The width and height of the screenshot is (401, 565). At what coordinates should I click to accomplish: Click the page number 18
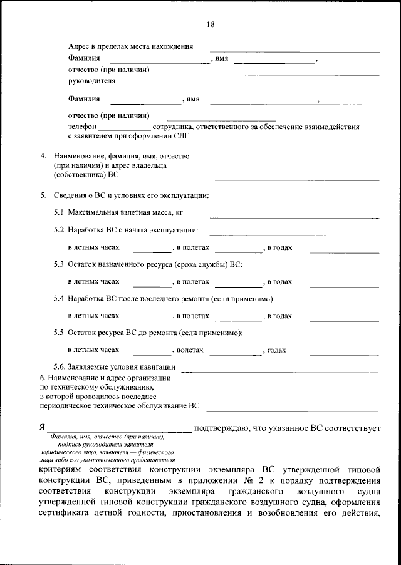tap(210, 24)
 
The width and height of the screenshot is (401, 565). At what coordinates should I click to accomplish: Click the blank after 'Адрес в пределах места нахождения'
tap(294, 49)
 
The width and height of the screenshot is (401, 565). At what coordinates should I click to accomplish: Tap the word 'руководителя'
tap(91, 81)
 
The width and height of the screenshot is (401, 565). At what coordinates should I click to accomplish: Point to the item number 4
tap(43, 155)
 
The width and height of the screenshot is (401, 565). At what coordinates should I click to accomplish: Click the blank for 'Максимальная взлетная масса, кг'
tap(294, 217)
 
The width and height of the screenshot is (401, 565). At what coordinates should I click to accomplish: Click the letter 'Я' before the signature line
tap(41, 428)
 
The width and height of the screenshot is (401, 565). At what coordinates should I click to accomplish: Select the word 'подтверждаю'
tap(222, 428)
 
